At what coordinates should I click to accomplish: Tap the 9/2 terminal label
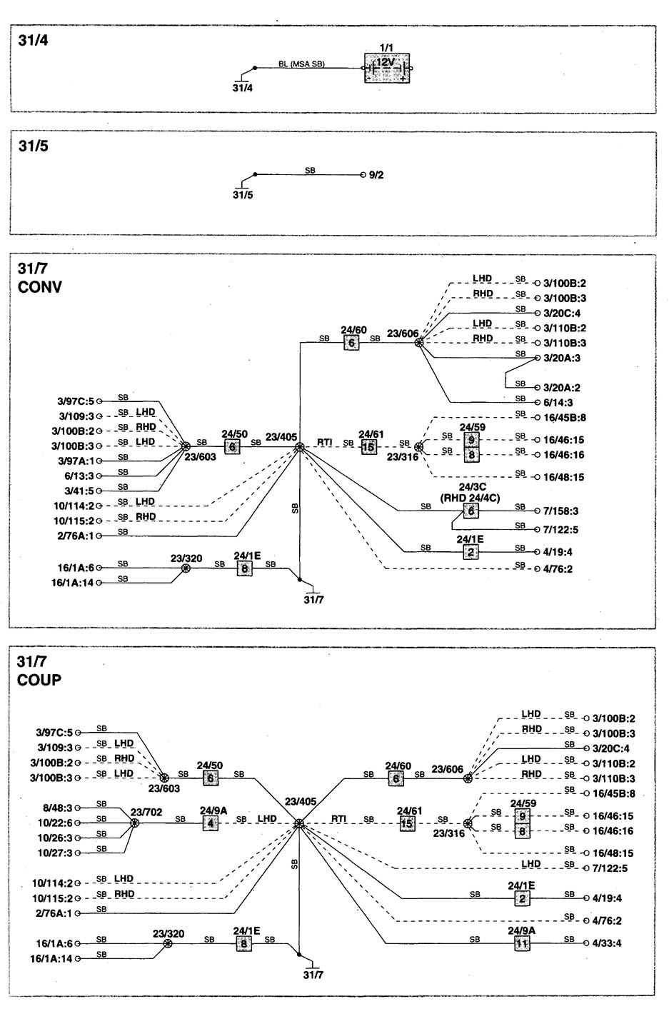(376, 174)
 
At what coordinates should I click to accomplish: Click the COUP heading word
(39, 680)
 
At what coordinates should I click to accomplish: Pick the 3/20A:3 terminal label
(562, 358)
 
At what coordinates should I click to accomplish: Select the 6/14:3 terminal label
(558, 402)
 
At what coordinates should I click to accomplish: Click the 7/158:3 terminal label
(561, 511)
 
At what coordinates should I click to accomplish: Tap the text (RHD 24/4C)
(470, 498)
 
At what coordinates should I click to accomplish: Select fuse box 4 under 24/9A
(210, 823)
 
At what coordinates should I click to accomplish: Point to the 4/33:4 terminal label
(607, 943)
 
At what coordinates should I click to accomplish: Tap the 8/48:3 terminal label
(57, 808)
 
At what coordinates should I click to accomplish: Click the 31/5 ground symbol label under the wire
(243, 194)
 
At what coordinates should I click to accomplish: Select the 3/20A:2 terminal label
(562, 388)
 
